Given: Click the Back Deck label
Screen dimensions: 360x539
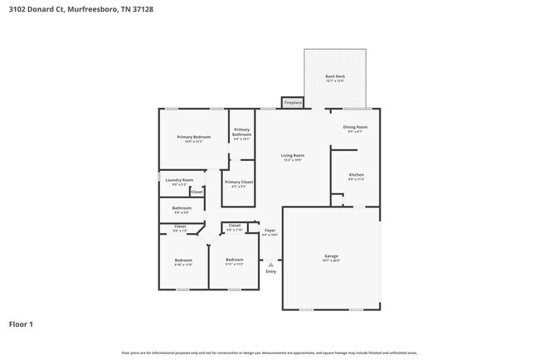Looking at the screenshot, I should point(335,76).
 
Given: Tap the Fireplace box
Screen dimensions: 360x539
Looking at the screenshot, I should point(293,103).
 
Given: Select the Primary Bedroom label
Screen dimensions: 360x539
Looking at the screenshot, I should point(193,137).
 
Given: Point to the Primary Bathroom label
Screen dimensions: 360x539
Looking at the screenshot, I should point(241,131).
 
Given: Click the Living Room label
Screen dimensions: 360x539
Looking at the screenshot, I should point(292,156).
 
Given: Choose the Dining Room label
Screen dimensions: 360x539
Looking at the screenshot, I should point(356,127).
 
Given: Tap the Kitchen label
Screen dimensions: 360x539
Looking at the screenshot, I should point(357,175).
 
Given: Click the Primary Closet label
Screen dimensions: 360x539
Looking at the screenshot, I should point(239,182).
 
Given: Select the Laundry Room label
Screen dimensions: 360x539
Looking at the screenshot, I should point(179,180).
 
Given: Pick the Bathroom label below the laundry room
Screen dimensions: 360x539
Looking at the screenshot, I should point(182,208).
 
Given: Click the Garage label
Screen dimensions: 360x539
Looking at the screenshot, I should point(331,256).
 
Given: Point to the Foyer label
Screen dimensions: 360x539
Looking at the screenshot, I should point(269,231).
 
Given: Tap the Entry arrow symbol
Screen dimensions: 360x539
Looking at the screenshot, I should point(270,265).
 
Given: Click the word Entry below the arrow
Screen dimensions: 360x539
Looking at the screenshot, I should point(270,272).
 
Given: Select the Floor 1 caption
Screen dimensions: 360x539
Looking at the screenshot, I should point(21,324).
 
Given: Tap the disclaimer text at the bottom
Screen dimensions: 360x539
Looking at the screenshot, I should point(269,353).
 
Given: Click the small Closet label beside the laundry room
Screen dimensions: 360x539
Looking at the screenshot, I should point(197,192).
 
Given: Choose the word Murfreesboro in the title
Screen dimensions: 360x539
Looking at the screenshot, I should point(91,9).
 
